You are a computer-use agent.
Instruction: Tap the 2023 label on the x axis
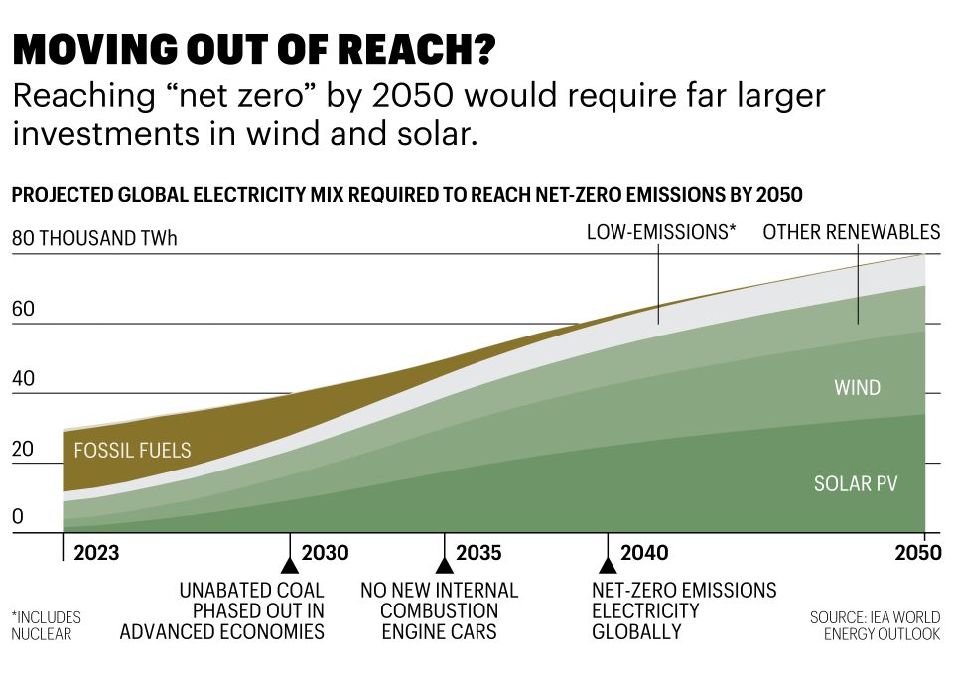(x=96, y=553)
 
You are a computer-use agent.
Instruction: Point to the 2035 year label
(x=478, y=553)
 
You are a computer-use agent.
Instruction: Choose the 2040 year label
(x=644, y=553)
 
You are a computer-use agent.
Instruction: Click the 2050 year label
(x=916, y=553)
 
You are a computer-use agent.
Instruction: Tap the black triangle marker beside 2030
(x=290, y=565)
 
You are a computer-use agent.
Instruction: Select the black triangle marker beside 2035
(x=445, y=565)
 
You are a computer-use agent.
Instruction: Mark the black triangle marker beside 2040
(x=608, y=565)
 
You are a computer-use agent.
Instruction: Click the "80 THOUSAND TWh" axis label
(x=94, y=239)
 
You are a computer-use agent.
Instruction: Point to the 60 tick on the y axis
(x=23, y=309)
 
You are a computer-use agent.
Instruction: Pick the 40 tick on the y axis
(x=23, y=379)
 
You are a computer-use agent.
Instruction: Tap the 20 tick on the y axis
(x=23, y=449)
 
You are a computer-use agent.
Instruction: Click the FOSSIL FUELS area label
(x=132, y=451)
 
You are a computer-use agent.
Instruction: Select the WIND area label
(x=857, y=387)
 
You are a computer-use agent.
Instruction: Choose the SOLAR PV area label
(x=856, y=484)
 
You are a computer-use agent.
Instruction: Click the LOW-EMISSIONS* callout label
(x=661, y=232)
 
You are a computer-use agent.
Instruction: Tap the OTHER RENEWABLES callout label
(x=851, y=232)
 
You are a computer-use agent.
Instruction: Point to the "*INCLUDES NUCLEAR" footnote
(x=46, y=625)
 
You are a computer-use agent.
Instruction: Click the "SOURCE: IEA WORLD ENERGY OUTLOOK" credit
(x=875, y=625)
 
